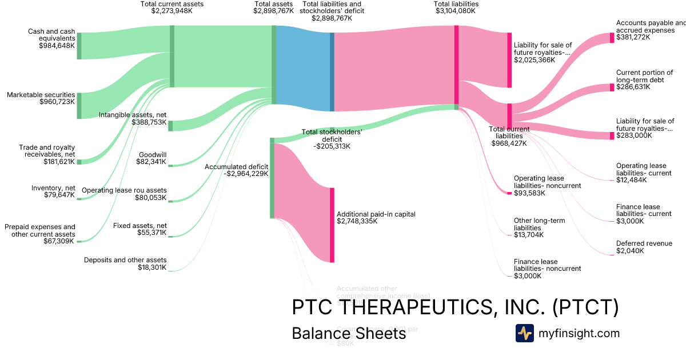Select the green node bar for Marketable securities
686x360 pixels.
(79, 106)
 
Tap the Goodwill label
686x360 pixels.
(153, 154)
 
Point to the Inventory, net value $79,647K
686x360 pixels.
(59, 195)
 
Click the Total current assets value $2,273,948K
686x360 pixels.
(172, 11)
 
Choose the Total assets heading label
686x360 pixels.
(274, 4)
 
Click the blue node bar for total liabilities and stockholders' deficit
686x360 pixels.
(332, 72)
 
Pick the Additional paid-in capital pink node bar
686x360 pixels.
(332, 225)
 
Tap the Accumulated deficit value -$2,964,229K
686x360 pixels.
(236, 174)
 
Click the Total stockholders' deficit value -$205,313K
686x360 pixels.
(332, 146)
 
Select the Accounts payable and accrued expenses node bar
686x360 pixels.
(612, 38)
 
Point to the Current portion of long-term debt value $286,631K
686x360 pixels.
(633, 87)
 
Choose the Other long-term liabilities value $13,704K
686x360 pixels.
(529, 235)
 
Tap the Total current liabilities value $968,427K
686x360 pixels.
(509, 143)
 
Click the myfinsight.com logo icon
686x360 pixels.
(524, 333)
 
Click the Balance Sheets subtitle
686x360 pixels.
(349, 333)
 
